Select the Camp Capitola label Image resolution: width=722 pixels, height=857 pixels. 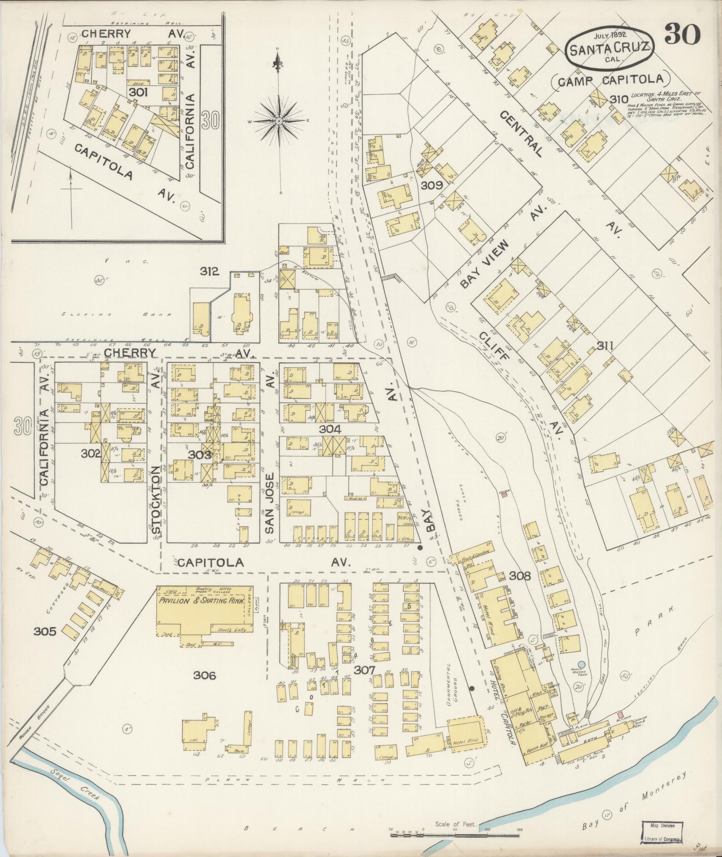610,80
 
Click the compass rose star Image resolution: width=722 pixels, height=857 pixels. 278,121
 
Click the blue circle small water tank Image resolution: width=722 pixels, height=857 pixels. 581,664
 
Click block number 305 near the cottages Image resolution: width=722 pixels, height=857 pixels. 45,632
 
